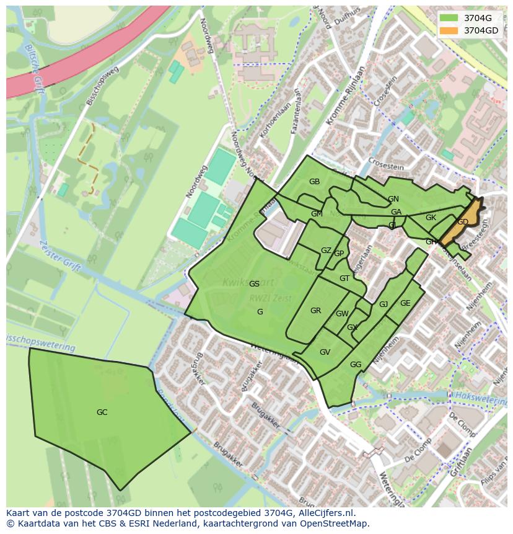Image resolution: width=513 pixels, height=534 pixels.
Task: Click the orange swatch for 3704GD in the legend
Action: [x=449, y=30]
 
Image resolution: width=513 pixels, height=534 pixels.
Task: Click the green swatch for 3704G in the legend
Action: [x=449, y=17]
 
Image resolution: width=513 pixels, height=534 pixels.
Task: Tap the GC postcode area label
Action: [x=102, y=412]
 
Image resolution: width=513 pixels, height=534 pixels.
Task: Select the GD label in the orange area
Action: [x=463, y=222]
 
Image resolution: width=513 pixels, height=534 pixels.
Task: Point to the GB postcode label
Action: [x=314, y=182]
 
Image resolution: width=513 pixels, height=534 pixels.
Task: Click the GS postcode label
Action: [x=254, y=284]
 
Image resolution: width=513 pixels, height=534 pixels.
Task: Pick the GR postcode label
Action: [x=315, y=311]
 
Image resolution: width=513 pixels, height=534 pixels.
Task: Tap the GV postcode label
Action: [x=325, y=352]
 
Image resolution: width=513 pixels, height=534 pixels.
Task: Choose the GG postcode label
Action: [x=356, y=365]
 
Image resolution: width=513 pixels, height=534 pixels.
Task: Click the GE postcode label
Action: [x=405, y=303]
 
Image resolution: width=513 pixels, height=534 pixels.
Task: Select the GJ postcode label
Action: [x=384, y=305]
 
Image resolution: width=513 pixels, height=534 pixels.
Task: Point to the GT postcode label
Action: [x=344, y=278]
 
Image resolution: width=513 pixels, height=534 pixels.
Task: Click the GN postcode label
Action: [x=393, y=199]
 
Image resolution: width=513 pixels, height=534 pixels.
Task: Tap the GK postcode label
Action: [x=431, y=218]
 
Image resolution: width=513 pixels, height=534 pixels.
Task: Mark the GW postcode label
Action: [x=342, y=314]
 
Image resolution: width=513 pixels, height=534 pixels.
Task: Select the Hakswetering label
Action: [x=480, y=398]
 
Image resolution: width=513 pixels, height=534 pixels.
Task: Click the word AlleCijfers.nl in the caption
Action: [x=325, y=513]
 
